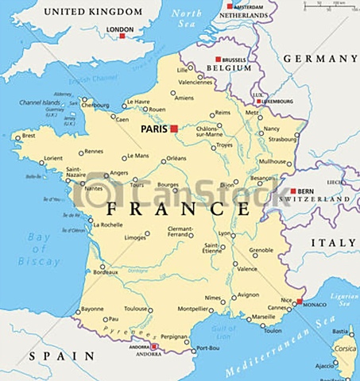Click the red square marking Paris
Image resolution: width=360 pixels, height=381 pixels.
tap(174, 128)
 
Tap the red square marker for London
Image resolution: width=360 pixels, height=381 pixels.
tap(122, 36)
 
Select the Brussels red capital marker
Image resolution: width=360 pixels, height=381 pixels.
tap(219, 60)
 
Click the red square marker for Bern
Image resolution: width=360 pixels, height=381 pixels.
tap(293, 191)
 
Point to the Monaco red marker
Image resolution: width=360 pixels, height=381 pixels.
tap(300, 302)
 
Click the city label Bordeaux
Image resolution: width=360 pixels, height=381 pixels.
tap(106, 272)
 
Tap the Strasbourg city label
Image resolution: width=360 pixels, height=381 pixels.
tap(283, 140)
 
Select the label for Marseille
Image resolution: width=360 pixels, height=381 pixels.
tap(264, 317)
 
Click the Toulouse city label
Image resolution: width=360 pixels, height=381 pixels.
tap(135, 309)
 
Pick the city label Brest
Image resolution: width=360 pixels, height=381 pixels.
tap(29, 136)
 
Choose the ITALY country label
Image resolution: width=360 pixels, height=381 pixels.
tap(333, 242)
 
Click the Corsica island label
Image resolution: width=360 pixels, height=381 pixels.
tap(344, 347)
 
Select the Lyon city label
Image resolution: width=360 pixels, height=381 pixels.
tap(225, 234)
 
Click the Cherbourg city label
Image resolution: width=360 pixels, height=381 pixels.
tap(96, 105)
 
